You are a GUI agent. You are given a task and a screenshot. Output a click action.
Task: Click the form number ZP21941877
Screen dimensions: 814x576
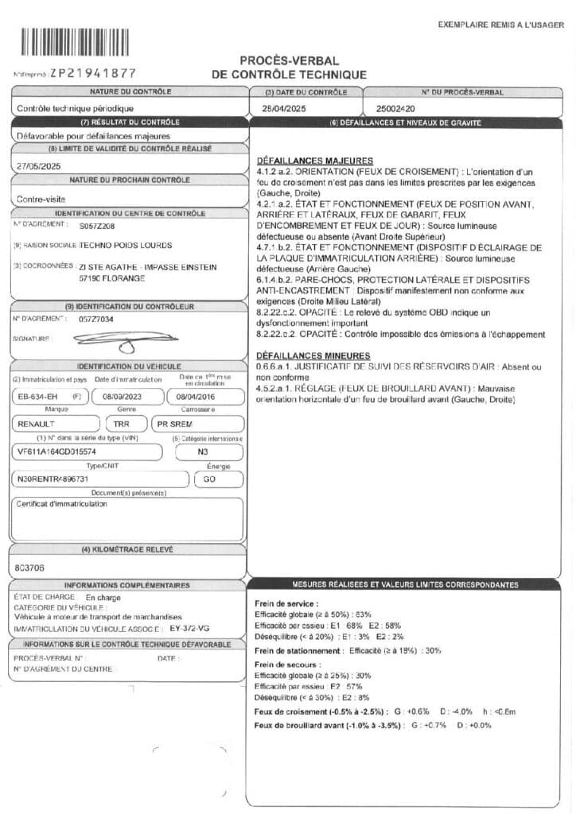(x=93, y=73)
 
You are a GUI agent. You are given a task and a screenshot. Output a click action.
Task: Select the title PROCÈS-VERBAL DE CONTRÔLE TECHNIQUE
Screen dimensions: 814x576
(x=289, y=68)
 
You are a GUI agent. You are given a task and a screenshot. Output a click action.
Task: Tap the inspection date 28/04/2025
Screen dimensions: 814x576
(x=284, y=108)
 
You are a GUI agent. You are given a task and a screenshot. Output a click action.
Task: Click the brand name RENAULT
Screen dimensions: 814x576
(x=37, y=424)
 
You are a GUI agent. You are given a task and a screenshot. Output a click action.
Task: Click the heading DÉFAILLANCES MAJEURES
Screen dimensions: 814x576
(x=304, y=161)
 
